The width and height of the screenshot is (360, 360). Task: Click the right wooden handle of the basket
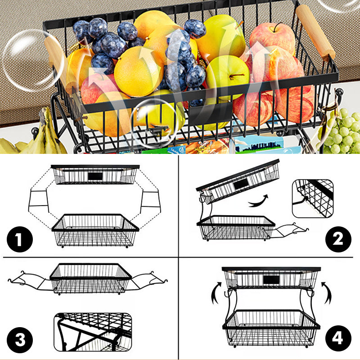point(315,32)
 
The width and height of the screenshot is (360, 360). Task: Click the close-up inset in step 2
point(313,198)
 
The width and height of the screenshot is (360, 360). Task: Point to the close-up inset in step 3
point(93,332)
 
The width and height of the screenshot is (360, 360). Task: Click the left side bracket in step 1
point(38,198)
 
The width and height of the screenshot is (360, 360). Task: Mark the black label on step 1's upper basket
point(95,176)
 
